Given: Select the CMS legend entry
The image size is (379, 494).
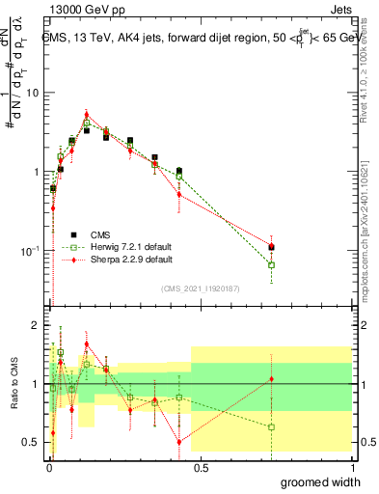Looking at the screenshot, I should point(100,234).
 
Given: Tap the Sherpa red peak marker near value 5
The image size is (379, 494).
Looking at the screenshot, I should point(86,114).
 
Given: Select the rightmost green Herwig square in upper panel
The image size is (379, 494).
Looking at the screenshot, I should point(271,264).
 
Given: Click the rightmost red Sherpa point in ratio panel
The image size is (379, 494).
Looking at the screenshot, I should point(271,378).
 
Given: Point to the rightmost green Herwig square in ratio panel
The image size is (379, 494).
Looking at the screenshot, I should point(271,426).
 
